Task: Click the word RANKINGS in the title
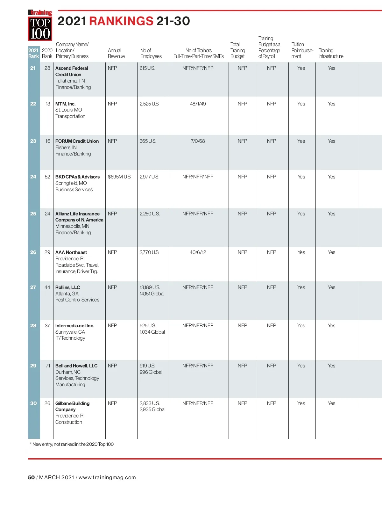click(121, 21)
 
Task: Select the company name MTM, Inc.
click(65, 104)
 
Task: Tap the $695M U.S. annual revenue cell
click(119, 177)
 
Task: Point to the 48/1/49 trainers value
click(198, 104)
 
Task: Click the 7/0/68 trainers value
click(198, 141)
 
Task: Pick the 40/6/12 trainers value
click(198, 252)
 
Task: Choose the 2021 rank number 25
click(33, 214)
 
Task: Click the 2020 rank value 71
click(48, 366)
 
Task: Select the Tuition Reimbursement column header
click(302, 50)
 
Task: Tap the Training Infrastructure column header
click(331, 53)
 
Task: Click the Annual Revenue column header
click(116, 53)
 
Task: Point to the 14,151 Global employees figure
click(152, 294)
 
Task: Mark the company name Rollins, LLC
click(67, 287)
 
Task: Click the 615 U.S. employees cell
click(147, 68)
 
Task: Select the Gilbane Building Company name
click(72, 406)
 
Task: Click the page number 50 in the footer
click(31, 477)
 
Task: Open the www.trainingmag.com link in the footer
click(107, 477)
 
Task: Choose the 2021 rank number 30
click(33, 403)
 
